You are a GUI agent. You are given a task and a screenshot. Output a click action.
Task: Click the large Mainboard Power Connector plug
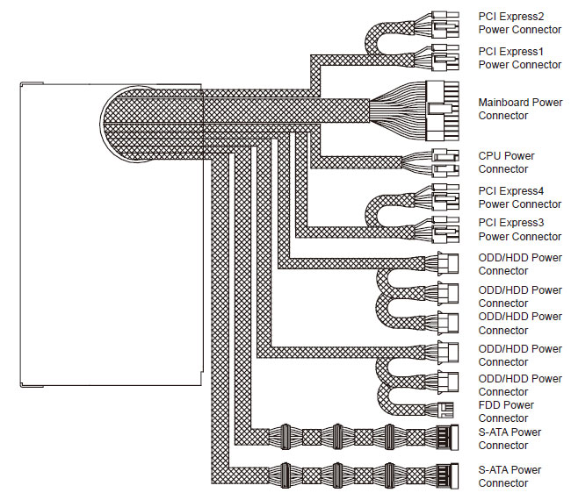coord(442,111)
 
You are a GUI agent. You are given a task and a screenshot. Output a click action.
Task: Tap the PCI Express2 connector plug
coord(445,25)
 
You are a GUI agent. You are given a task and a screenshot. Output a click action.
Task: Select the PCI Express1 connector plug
coord(445,57)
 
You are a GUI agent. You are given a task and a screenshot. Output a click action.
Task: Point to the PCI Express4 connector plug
coord(445,197)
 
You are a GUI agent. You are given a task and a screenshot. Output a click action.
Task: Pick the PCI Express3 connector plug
coord(445,230)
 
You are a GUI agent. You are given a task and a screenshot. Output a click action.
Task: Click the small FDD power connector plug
coord(445,410)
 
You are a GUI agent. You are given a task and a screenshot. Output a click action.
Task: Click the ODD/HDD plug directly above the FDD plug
coord(447,382)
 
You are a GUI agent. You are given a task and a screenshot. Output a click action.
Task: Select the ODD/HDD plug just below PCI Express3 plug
coord(447,262)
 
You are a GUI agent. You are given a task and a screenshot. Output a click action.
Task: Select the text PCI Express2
coord(511,17)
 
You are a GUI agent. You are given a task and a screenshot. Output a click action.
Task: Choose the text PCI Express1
coord(510,52)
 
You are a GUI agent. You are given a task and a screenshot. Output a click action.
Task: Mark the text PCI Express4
coord(511,191)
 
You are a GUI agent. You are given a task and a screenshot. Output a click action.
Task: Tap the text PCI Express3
coord(511,223)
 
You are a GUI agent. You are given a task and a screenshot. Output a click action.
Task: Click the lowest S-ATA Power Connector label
coord(510,476)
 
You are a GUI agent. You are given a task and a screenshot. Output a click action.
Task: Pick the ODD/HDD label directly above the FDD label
coord(520,385)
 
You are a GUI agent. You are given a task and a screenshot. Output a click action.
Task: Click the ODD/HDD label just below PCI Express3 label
coord(520,264)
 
